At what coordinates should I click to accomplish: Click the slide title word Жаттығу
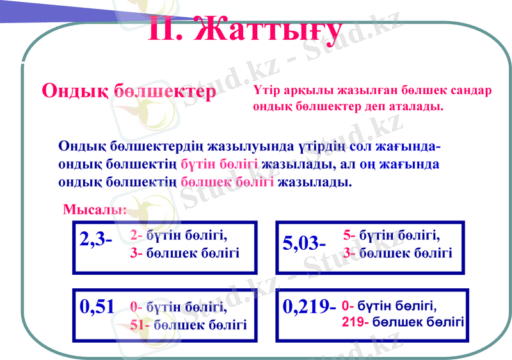click(x=267, y=28)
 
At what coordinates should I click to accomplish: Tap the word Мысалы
click(x=95, y=209)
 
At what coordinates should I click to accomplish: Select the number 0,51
click(x=97, y=306)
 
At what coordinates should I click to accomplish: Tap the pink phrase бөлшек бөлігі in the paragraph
click(x=227, y=182)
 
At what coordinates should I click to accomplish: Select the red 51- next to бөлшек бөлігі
click(x=140, y=324)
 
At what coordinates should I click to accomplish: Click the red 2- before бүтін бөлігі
click(x=136, y=234)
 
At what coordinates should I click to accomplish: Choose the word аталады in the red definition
click(x=419, y=106)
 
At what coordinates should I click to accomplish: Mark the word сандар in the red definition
click(x=472, y=90)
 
